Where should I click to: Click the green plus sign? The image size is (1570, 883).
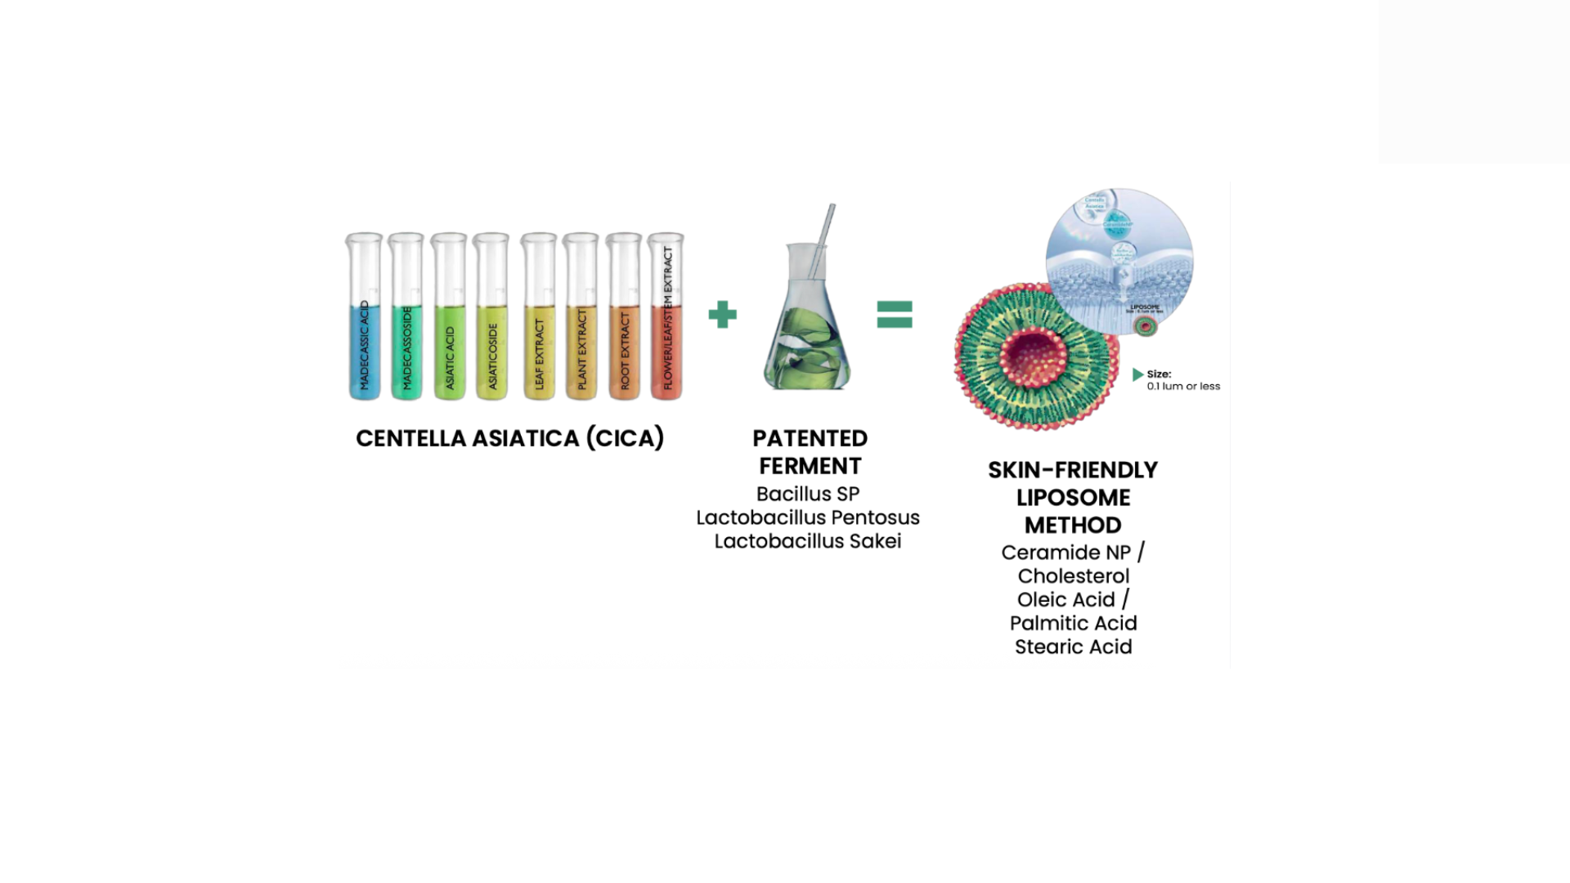[x=723, y=314]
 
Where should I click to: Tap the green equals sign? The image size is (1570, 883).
[x=895, y=314]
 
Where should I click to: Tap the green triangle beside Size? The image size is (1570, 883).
[x=1137, y=374]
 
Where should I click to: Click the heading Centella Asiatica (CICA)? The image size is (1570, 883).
[x=509, y=438]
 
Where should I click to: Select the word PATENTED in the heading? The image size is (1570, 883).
[x=810, y=438]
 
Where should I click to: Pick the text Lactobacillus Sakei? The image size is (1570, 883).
[x=808, y=541]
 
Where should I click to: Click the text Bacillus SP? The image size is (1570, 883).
[x=808, y=494]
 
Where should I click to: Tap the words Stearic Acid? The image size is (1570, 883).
[x=1073, y=647]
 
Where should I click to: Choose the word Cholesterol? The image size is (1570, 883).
[x=1073, y=576]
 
